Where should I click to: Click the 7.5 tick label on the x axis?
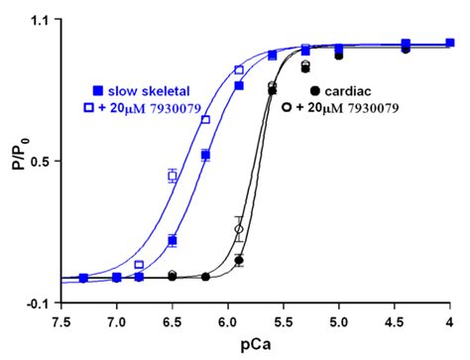coord(60,319)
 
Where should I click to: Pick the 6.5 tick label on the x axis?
coord(172,319)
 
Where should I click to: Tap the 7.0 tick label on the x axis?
coord(116,319)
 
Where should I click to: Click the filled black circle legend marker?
coord(314,91)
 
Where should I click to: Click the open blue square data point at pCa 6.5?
coord(173,176)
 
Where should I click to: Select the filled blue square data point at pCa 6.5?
coord(173,240)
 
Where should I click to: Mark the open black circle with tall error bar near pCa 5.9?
coord(238,229)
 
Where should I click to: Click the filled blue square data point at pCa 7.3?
coord(83,278)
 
